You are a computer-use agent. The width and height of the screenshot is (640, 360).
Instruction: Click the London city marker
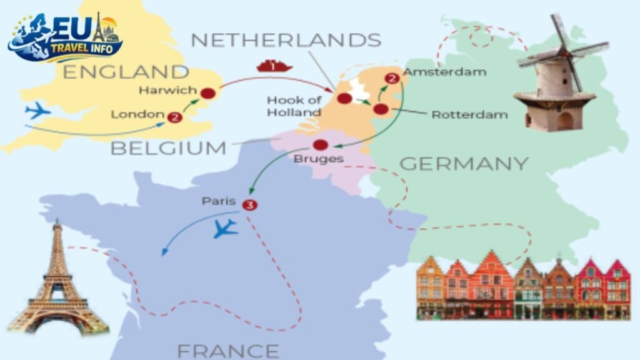tap(175, 116)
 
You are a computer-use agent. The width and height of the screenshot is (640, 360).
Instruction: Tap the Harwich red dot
tap(208, 94)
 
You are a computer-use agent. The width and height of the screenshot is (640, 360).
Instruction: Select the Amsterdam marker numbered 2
tap(392, 79)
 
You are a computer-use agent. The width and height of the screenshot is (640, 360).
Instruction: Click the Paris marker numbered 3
tap(250, 204)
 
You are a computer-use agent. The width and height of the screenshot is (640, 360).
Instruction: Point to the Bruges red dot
tap(320, 145)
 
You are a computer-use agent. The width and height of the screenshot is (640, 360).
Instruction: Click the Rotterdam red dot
tap(381, 110)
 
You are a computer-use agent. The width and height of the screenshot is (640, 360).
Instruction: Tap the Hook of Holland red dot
tap(344, 98)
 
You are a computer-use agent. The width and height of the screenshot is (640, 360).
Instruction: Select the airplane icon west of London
tap(37, 111)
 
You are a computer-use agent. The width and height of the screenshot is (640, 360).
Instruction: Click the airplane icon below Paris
tap(225, 229)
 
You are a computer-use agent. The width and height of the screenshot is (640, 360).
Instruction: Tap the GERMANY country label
tap(464, 164)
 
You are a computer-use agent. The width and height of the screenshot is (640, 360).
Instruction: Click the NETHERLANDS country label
tap(286, 40)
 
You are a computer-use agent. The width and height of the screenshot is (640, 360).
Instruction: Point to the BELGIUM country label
tap(169, 148)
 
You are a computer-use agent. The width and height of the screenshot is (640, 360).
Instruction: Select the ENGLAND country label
tap(126, 71)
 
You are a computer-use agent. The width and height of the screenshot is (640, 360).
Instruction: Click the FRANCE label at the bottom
tap(227, 350)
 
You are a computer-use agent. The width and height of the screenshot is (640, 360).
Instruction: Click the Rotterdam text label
tap(469, 114)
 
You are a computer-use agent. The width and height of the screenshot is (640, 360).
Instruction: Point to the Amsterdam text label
tap(444, 72)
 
